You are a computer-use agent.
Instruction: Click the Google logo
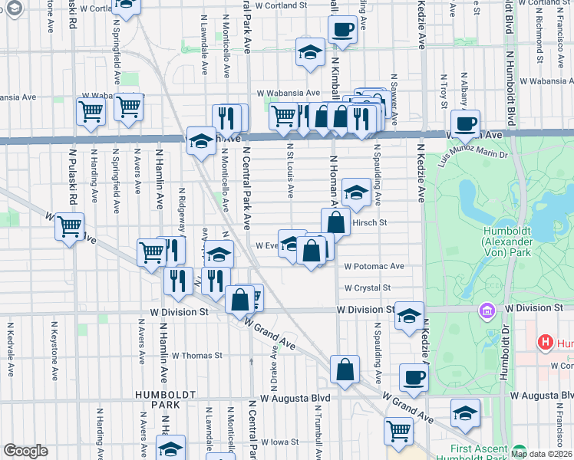[x=26, y=451]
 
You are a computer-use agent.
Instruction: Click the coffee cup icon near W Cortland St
[x=342, y=30]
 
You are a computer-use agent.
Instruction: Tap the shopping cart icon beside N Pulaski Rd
[x=70, y=227]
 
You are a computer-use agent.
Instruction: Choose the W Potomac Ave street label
[x=374, y=266]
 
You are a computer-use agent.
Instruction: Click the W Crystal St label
[x=368, y=287]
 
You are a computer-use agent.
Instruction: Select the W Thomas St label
[x=196, y=355]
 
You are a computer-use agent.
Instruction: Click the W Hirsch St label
[x=368, y=222]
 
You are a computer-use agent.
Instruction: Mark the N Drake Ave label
[x=274, y=364]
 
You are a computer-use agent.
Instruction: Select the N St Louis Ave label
[x=291, y=169]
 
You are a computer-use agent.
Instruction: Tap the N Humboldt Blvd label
[x=510, y=87]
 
